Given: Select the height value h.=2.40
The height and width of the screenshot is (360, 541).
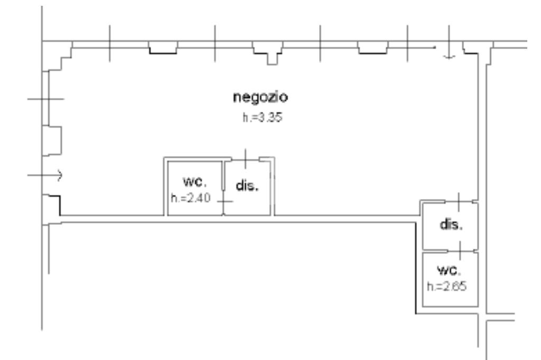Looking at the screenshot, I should [x=191, y=198].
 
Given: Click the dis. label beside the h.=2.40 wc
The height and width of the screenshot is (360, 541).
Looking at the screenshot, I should [x=247, y=187].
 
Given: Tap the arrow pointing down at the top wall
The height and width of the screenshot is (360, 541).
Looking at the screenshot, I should [x=449, y=51].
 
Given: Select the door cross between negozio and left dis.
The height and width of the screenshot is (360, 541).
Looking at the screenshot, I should [x=247, y=158].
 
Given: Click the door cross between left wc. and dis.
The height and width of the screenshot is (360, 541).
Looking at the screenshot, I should [x=225, y=201].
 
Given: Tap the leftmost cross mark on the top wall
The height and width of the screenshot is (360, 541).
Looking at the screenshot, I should [x=109, y=42].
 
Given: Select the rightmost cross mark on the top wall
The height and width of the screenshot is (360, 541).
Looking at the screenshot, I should [x=407, y=42].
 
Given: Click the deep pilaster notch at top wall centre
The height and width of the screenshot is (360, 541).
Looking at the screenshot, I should [x=272, y=58].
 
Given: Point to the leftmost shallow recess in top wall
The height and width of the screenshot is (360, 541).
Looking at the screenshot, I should [x=162, y=50].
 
